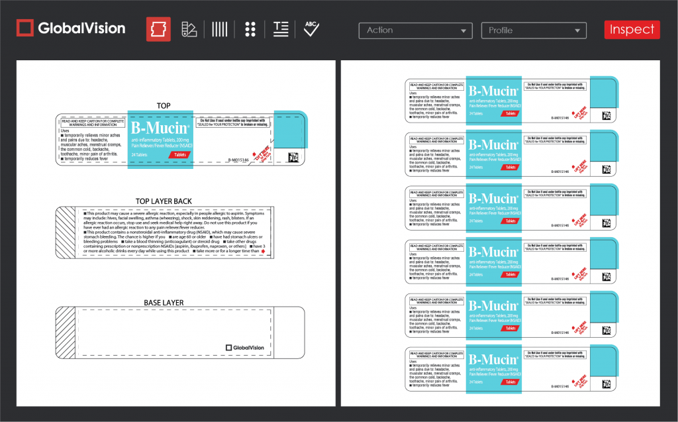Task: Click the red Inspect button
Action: pos(632,30)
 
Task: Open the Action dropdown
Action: pos(415,30)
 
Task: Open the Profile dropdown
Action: pos(534,30)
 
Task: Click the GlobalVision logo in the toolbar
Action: pos(71,28)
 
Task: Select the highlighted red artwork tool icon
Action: pos(158,29)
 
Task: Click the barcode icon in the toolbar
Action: pos(219,29)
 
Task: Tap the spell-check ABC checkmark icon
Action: pos(311,28)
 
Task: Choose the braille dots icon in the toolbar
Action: pos(250,29)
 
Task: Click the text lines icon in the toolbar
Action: pos(281,29)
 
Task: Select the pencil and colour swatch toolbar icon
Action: pos(189,29)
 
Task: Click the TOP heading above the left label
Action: pos(163,106)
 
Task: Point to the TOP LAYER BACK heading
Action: pos(164,201)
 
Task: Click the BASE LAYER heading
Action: pos(164,303)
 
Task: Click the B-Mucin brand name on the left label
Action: pos(160,128)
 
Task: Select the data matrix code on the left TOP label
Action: pos(293,158)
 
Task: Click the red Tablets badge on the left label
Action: pos(179,154)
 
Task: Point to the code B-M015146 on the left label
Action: pos(238,160)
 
